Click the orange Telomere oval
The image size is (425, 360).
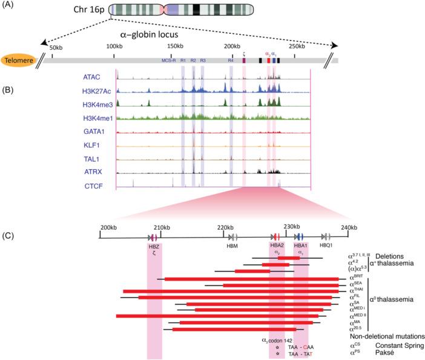(x=19, y=61)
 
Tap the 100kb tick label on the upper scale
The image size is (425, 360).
(x=114, y=47)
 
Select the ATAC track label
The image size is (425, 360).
(x=92, y=78)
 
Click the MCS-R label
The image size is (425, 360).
(x=168, y=61)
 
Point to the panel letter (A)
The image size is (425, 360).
(x=9, y=6)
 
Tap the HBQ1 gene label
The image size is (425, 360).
(x=328, y=247)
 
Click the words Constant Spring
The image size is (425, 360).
(x=394, y=345)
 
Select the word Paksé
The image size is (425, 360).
(x=381, y=354)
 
